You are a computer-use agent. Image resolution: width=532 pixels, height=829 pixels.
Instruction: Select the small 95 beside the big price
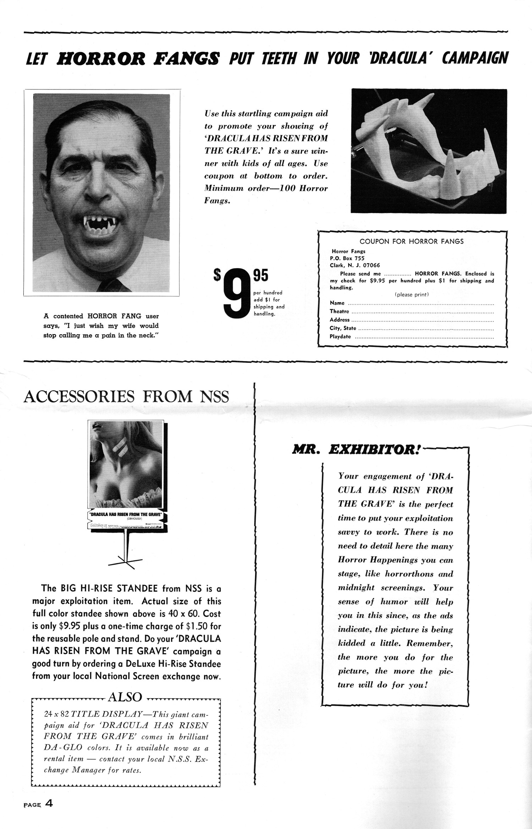click(260, 275)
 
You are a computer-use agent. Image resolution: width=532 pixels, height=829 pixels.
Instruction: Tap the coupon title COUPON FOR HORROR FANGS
click(411, 241)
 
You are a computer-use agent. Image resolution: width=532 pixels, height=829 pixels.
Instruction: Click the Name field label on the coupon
click(337, 303)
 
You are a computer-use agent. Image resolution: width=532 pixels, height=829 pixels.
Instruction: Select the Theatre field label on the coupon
click(339, 311)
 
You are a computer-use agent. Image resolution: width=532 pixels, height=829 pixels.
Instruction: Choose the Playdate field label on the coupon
click(340, 337)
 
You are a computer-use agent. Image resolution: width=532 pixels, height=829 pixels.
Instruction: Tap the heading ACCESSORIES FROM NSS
click(126, 397)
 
